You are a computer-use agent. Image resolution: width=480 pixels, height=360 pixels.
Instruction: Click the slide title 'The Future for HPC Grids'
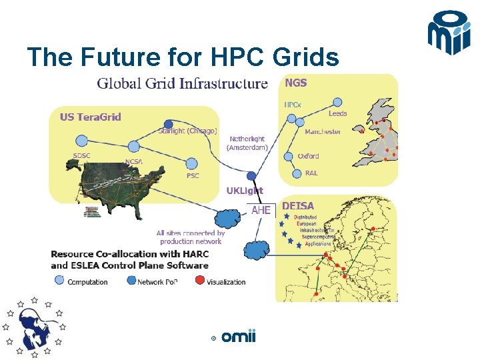point(183,57)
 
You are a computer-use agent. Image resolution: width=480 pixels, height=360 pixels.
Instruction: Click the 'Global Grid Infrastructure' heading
point(183,84)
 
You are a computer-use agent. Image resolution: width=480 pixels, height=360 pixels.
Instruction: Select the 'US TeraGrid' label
point(91,117)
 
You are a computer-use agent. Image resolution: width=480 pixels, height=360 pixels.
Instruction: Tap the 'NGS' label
point(296,83)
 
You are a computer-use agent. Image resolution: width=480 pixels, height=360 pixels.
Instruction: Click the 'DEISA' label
point(298,207)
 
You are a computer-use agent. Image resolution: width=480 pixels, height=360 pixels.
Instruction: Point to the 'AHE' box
point(261,210)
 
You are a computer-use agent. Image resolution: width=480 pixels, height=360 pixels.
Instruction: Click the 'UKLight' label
point(245,191)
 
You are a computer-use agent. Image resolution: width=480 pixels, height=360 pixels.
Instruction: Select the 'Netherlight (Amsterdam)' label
point(247,143)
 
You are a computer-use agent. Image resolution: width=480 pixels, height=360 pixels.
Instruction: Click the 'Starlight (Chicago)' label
point(187,131)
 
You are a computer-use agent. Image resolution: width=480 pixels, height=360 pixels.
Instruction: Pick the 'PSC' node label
point(193,176)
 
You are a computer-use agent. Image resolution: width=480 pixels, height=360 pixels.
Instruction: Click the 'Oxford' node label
point(308,156)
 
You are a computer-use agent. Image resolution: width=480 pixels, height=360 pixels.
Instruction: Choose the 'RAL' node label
point(311,173)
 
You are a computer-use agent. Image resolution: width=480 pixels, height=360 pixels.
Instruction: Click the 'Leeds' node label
point(337,113)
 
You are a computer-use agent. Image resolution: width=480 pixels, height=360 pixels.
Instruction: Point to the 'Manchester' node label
point(323,131)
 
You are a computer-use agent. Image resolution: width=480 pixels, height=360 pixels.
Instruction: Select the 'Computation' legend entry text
point(87,282)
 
